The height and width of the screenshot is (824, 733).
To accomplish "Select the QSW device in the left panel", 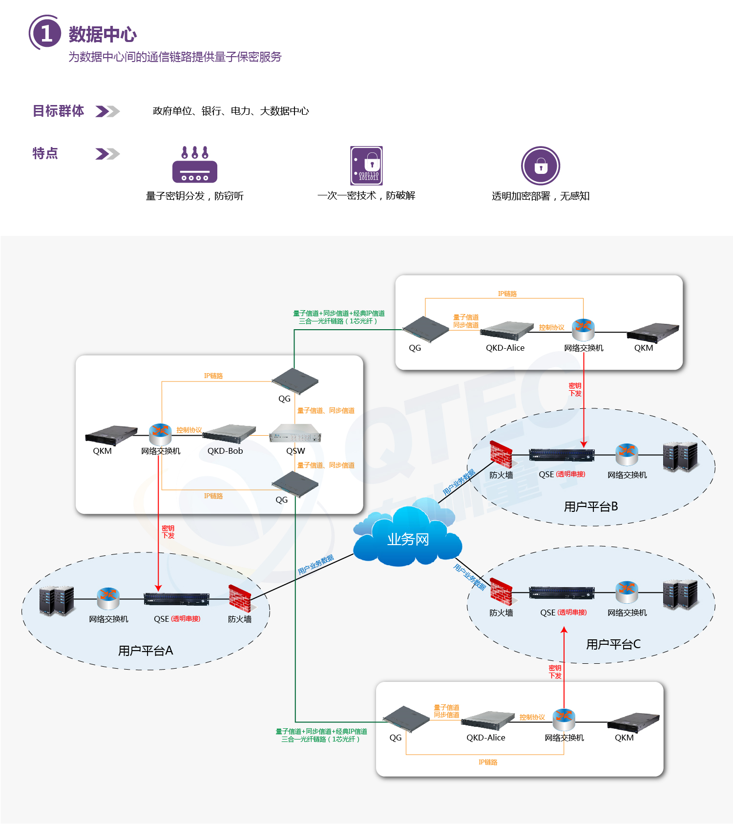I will (295, 434).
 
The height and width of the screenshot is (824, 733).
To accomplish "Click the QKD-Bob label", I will (225, 451).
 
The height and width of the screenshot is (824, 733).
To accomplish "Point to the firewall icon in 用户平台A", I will (240, 598).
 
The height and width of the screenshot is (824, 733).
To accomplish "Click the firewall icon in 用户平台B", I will (501, 455).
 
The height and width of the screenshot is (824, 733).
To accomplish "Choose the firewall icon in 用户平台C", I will (501, 592).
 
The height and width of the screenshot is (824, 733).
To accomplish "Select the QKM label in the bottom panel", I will (624, 738).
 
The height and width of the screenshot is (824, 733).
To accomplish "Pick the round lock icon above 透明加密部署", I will (540, 166).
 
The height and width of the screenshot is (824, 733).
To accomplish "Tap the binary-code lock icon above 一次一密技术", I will (366, 166).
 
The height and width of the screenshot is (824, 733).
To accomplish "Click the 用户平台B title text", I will (591, 507).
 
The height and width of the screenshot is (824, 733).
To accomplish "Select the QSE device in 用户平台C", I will (562, 593).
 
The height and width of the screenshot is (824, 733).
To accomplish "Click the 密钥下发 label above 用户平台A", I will (168, 532).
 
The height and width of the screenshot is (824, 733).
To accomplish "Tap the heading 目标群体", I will (58, 111).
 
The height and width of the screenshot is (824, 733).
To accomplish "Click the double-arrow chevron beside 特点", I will (107, 154).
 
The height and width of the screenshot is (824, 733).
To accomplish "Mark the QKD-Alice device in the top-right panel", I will (506, 331).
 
